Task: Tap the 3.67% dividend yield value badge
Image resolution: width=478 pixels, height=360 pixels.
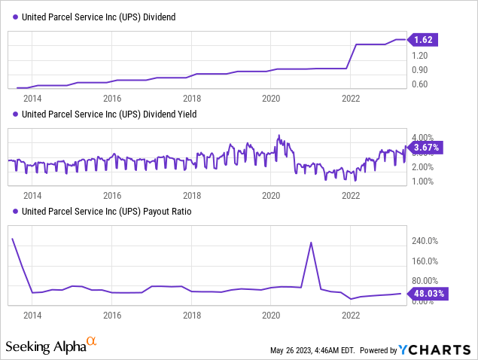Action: point(426,148)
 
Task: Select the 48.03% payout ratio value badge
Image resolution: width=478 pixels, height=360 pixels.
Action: point(427,294)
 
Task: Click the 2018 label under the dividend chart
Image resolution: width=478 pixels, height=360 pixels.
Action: point(192,98)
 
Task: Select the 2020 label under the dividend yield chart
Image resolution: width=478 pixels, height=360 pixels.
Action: point(271,195)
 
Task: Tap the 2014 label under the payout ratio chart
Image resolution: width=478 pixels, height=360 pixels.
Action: point(32,316)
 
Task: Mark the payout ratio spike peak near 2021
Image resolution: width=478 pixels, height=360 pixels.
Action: point(311,243)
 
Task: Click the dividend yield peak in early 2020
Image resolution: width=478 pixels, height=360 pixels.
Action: point(279,136)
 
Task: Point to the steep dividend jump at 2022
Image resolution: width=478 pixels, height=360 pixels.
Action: point(352,56)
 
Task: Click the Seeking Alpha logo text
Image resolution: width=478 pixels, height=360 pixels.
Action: point(46,346)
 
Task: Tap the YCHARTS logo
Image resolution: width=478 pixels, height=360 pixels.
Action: point(436,350)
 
